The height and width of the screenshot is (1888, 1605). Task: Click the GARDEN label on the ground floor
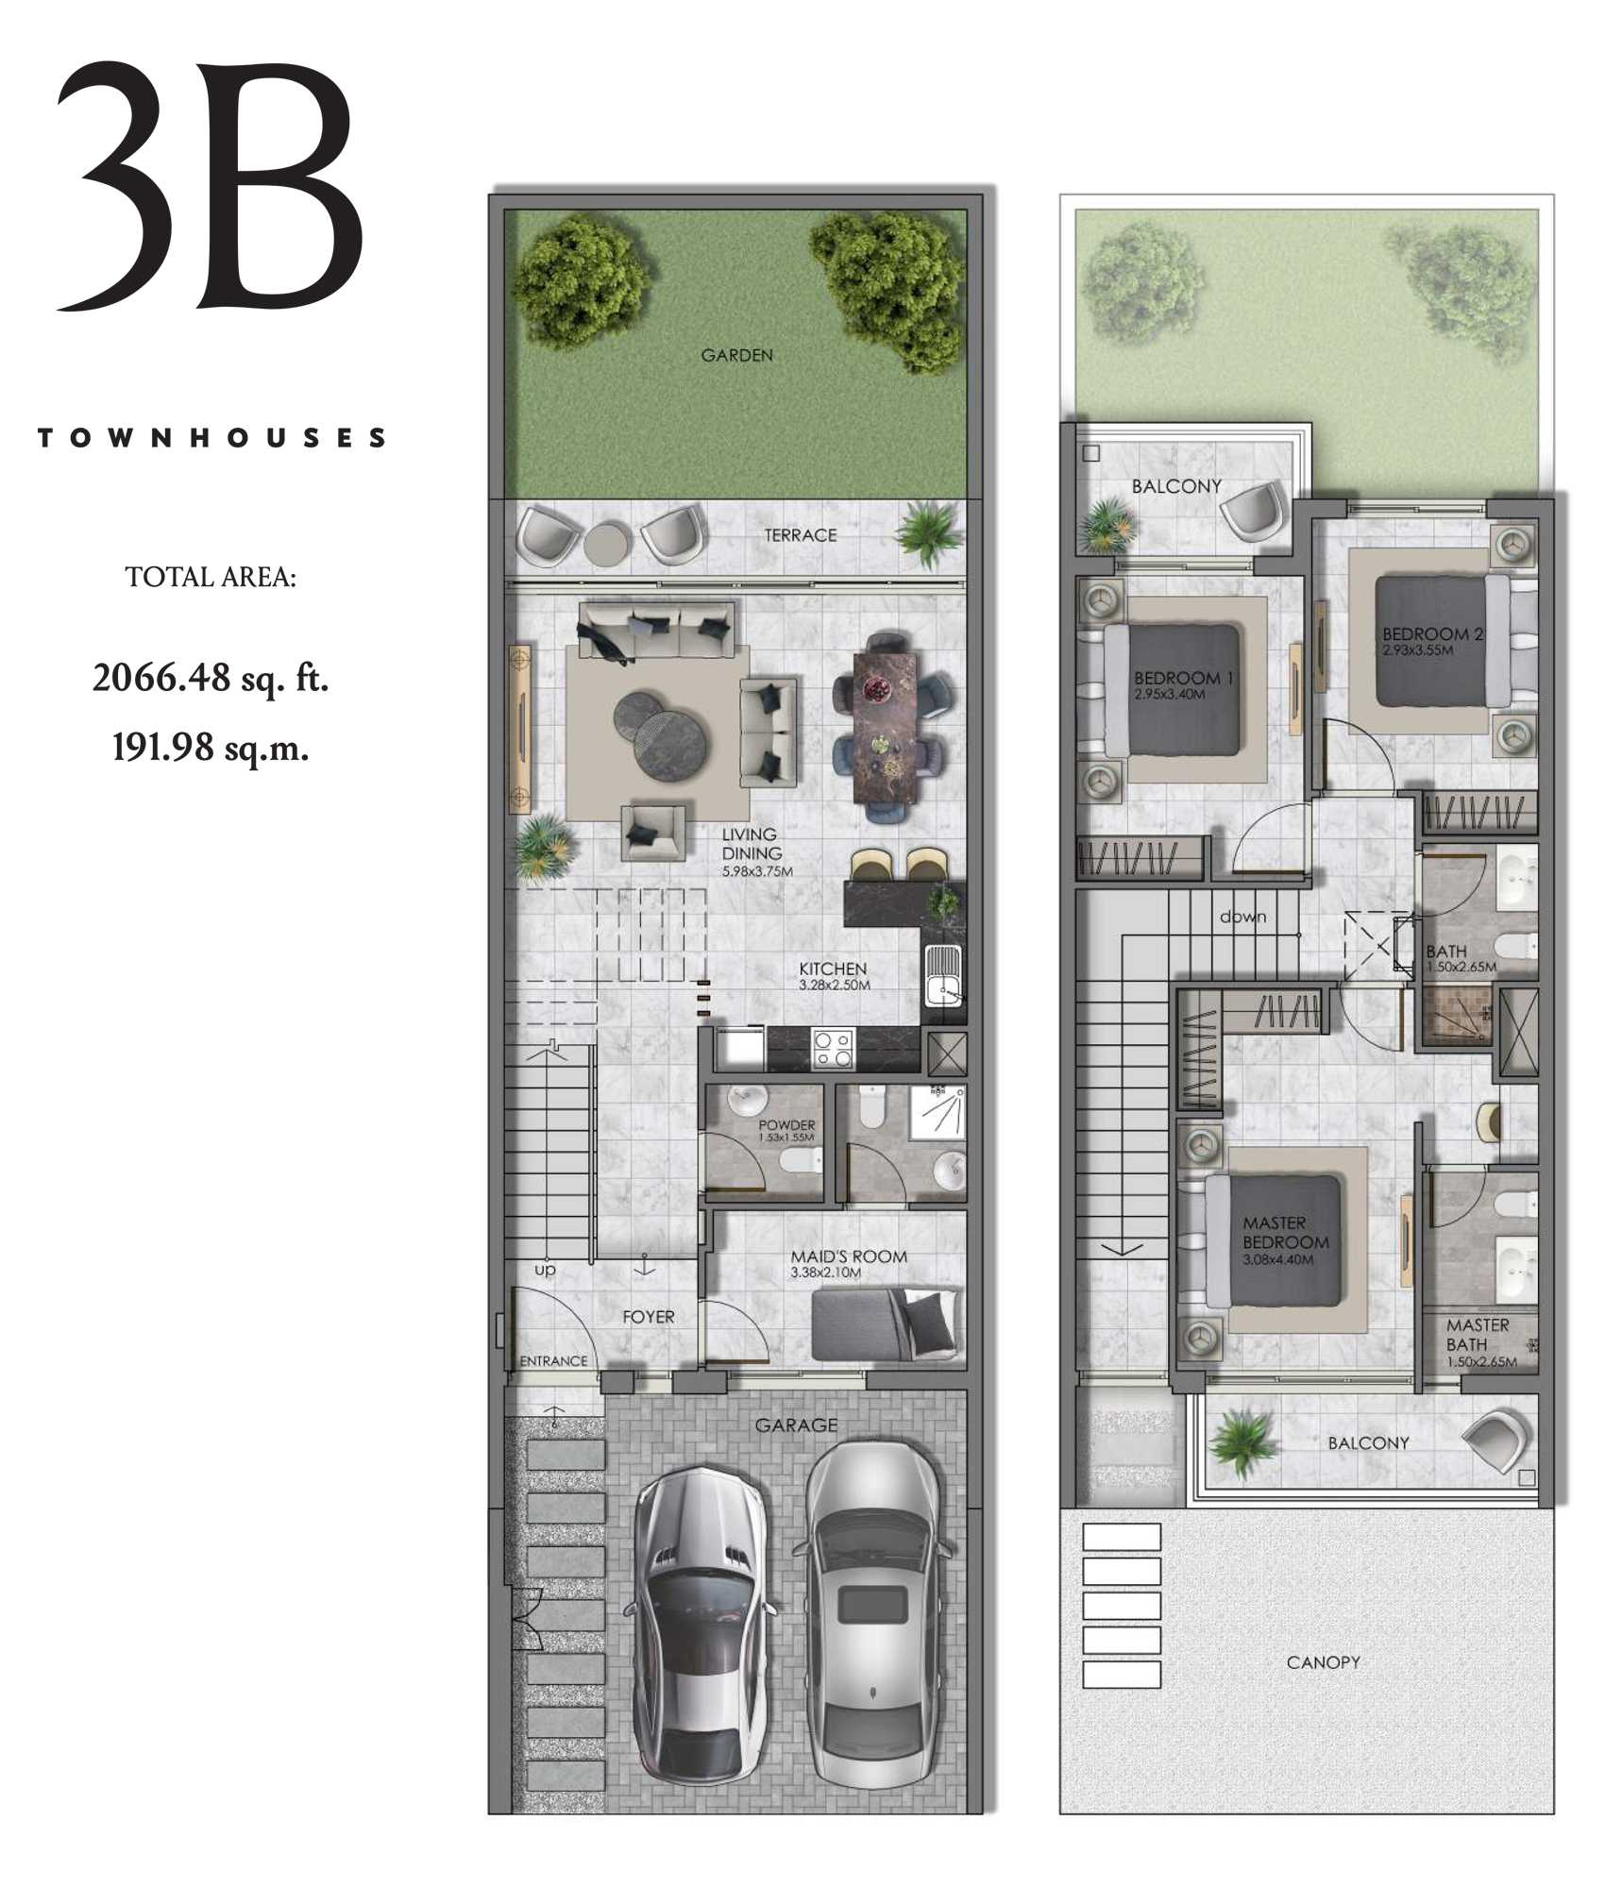[x=736, y=356]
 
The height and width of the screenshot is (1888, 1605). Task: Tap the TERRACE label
[x=801, y=535]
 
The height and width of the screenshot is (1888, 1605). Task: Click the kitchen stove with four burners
[x=833, y=1049]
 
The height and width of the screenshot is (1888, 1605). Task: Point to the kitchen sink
[x=943, y=976]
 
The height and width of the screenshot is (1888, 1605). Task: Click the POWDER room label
[x=786, y=1125]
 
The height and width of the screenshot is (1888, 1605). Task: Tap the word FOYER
[x=649, y=1317]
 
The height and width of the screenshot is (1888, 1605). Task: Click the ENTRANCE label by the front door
[x=553, y=1361]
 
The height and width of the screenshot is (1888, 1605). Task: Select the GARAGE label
[x=796, y=1425]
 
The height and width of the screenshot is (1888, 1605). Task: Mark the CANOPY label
[x=1323, y=1662]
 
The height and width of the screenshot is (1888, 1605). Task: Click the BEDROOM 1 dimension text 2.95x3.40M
[x=1170, y=695]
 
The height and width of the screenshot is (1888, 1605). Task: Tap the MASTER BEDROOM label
[x=1285, y=1233]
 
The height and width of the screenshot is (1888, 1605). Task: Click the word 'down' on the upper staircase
[x=1242, y=917]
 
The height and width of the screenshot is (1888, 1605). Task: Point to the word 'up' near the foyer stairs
[x=546, y=1270]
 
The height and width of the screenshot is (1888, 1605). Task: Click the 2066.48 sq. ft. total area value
[x=211, y=678]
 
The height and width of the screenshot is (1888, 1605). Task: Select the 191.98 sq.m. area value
[x=211, y=748]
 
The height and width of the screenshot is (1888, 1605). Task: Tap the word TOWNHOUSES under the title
[x=212, y=438]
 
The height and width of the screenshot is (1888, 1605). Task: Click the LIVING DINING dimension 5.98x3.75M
[x=757, y=871]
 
